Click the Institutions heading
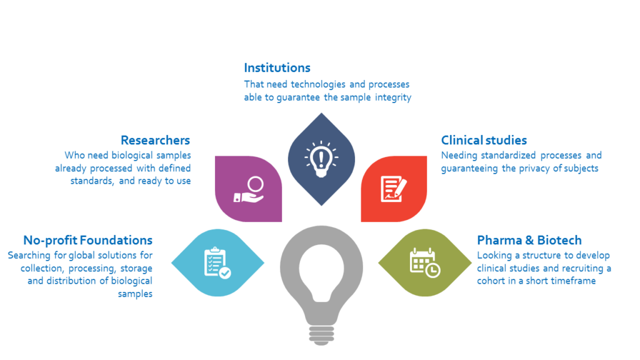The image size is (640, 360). pyautogui.click(x=277, y=67)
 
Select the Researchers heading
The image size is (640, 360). pyautogui.click(x=156, y=141)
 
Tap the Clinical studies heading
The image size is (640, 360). pyautogui.click(x=484, y=141)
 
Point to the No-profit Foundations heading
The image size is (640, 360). pyautogui.click(x=87, y=241)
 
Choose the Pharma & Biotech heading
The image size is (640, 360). pyautogui.click(x=529, y=240)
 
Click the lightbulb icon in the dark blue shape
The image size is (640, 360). pyautogui.click(x=321, y=159)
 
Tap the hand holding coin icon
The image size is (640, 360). pyautogui.click(x=249, y=189)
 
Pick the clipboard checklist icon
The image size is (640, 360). pyautogui.click(x=217, y=263)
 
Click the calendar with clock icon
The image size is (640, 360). pyautogui.click(x=425, y=262)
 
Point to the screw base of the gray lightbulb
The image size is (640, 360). pyautogui.click(x=322, y=335)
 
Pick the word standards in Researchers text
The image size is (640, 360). pyautogui.click(x=92, y=181)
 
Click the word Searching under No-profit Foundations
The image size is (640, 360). pyautogui.click(x=30, y=256)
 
